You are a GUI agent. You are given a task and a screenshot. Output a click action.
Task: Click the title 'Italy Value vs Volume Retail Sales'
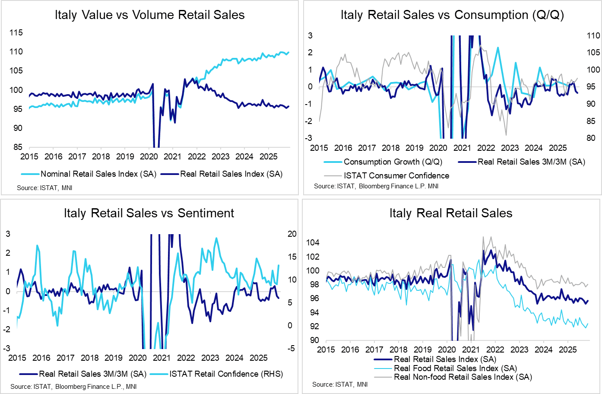[149, 15]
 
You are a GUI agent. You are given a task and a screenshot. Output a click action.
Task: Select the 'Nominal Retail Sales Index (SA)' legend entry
[98, 174]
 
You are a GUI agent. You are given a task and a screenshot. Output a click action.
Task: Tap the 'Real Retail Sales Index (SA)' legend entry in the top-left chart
[231, 174]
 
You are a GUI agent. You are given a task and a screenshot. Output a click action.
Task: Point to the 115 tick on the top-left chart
[16, 33]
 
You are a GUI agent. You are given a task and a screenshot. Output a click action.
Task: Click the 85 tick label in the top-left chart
[18, 147]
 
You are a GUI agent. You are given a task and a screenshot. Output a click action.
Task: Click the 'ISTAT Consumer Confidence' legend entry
[396, 176]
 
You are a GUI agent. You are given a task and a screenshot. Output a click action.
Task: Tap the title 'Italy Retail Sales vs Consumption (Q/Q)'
[452, 15]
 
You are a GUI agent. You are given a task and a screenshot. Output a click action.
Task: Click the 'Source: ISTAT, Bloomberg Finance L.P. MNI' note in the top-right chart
[376, 186]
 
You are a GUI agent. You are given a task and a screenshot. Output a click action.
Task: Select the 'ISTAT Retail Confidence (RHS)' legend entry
[226, 374]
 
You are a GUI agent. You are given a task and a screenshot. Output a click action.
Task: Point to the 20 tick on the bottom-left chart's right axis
[292, 234]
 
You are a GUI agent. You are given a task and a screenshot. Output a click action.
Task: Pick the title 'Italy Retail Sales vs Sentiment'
[149, 213]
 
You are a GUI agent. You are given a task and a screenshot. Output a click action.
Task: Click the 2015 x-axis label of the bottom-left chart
[17, 358]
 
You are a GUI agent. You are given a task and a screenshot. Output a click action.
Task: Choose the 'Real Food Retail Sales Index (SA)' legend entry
[455, 369]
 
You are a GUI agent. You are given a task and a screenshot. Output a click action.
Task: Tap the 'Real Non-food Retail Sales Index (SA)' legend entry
[463, 377]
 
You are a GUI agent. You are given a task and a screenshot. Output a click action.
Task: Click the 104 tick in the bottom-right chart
[312, 243]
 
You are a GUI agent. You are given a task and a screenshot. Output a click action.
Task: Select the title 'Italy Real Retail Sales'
[451, 213]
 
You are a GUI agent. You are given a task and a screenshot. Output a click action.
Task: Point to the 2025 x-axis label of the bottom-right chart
[568, 350]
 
